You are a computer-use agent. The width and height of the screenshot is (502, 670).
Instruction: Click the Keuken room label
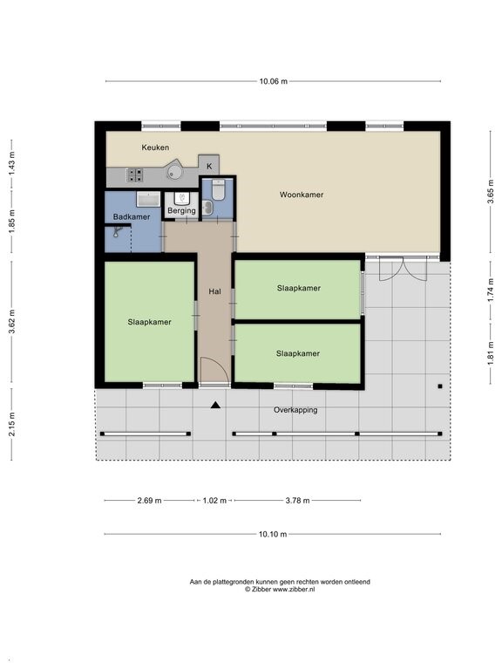(x=155, y=147)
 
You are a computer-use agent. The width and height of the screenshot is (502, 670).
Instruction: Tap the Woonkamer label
(x=302, y=195)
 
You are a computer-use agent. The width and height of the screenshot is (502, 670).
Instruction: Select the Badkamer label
(x=132, y=216)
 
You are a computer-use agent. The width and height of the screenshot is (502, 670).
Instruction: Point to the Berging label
(x=181, y=210)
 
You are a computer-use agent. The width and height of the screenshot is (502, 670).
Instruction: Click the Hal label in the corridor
(x=214, y=291)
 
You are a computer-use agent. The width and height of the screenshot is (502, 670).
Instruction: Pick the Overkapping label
(x=295, y=410)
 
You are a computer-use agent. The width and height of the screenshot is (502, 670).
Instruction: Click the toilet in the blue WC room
(x=218, y=189)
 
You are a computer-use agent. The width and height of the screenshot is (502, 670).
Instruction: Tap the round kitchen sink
(x=174, y=172)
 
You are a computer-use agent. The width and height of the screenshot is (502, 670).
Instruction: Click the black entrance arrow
(x=215, y=405)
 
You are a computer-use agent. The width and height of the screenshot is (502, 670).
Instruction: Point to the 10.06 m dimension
(x=273, y=81)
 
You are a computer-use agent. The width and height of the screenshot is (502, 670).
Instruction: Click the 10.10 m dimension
(x=273, y=534)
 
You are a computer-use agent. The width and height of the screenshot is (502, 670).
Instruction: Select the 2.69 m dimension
(x=149, y=501)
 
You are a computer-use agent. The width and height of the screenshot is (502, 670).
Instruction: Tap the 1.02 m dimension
(x=214, y=501)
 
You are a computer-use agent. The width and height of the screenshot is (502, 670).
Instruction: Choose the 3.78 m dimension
(x=297, y=501)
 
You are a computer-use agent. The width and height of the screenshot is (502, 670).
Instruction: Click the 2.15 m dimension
(x=11, y=424)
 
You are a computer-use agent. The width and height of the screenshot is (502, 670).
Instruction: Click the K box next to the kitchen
(x=209, y=165)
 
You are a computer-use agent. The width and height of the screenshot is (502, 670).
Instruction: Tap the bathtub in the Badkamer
(x=148, y=199)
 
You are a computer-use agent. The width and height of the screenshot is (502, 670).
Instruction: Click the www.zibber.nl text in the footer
(x=294, y=589)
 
